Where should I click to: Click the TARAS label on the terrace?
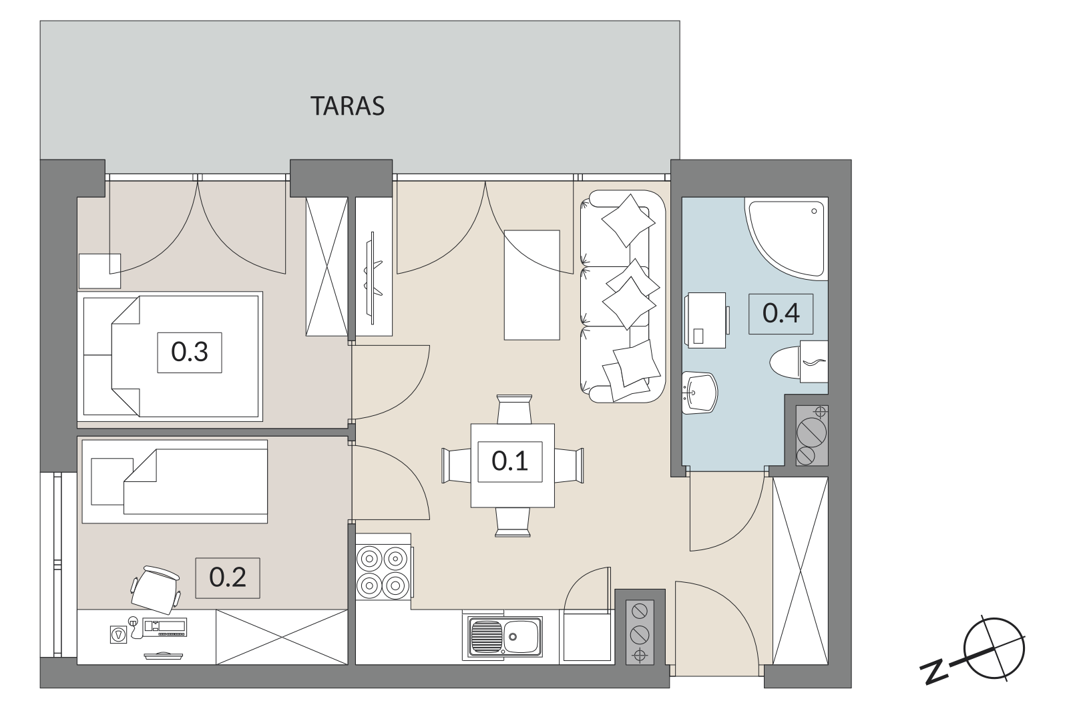pos(348,106)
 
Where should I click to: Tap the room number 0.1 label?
pos(509,461)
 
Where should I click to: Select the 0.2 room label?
pos(227,577)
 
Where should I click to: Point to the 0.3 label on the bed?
pos(189,352)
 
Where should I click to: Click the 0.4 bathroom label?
pos(781,314)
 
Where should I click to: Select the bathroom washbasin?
pos(699,393)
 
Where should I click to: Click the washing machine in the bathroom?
pos(706,320)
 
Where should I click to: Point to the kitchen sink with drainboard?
pos(504,636)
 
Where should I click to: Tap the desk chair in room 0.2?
pos(156,589)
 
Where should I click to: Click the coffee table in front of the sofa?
pos(531,285)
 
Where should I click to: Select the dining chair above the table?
pos(513,409)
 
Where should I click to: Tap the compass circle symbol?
pos(994,649)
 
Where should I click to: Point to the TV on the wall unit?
pos(373,278)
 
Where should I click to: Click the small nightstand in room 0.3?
pos(99,271)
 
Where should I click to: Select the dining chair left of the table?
pos(457,465)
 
